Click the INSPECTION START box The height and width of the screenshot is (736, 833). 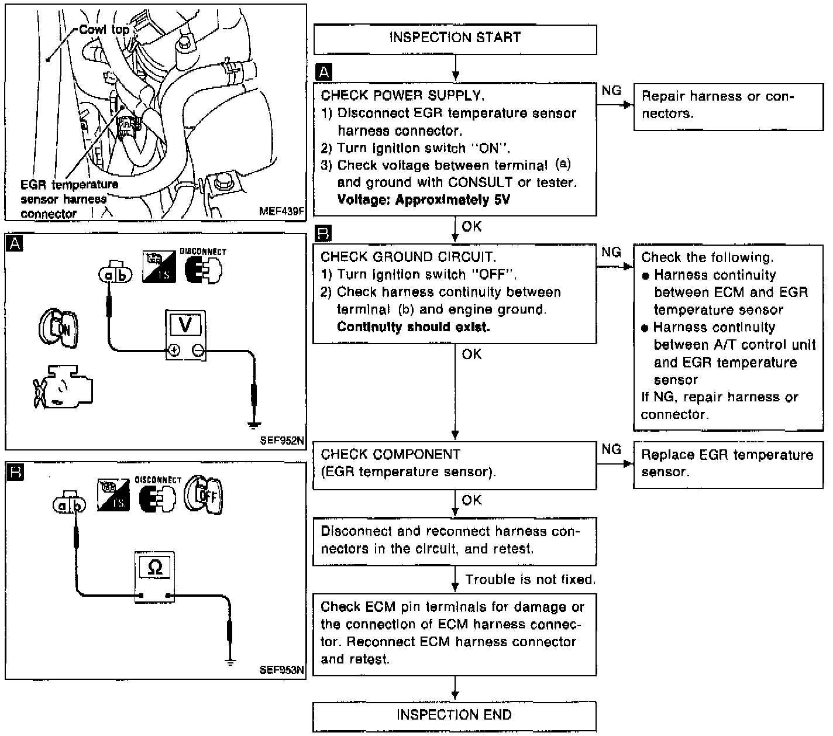point(455,38)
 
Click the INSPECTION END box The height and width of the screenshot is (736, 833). point(454,715)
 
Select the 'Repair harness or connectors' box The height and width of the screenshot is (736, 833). point(728,106)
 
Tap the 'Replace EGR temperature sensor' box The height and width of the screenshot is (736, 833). point(728,464)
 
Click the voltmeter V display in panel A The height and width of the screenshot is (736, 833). point(185,325)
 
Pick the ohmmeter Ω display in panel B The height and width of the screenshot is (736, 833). point(155,567)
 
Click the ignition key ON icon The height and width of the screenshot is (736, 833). point(58,328)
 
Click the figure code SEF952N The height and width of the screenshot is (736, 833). point(282,441)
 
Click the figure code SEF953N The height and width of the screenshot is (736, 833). point(282,670)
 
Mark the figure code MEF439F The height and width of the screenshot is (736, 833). point(281,212)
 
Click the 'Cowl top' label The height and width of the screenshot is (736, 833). point(104,29)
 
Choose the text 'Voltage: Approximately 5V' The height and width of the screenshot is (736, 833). point(424,200)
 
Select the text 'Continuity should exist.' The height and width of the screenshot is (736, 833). point(413,327)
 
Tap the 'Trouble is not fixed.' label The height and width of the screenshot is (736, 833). point(530,580)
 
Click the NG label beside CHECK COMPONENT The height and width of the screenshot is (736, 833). point(611,449)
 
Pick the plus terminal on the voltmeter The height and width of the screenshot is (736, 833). point(174,351)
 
